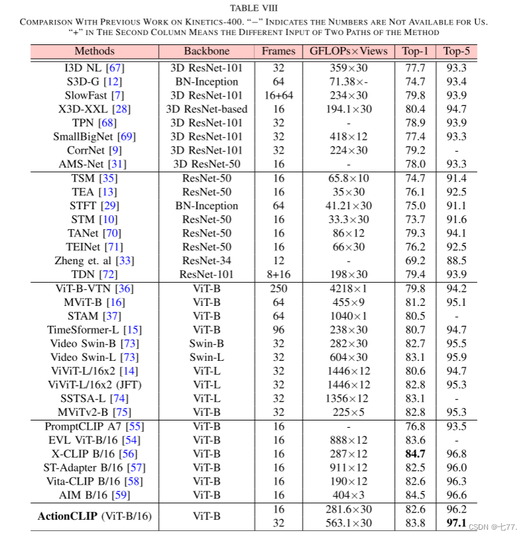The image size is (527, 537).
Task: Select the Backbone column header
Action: pos(207,51)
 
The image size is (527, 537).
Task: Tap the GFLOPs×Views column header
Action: pos(348,51)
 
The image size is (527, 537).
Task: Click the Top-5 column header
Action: pos(456,51)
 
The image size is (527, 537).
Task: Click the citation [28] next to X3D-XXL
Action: pos(122,109)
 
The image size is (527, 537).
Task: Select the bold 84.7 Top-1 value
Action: pos(414,454)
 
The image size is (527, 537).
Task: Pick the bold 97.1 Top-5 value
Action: pos(456,523)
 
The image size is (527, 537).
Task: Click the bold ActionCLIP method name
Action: pos(66,516)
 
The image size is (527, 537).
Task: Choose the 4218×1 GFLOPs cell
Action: pos(348,289)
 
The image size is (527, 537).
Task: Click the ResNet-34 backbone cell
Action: pos(207,261)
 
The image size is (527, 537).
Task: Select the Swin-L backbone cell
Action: pos(207,358)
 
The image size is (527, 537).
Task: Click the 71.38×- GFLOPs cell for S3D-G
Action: pos(348,81)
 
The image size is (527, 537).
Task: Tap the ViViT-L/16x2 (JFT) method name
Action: pos(95,385)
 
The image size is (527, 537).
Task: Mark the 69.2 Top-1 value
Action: pos(414,261)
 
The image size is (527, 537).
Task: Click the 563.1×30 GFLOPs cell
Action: pos(348,523)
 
